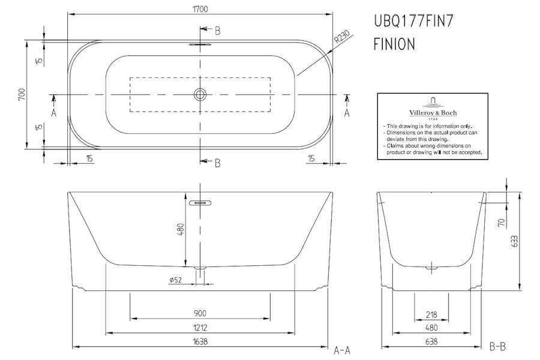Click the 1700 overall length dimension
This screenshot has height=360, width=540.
click(x=200, y=9)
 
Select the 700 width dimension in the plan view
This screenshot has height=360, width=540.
click(x=22, y=95)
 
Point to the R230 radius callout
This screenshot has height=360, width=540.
click(x=342, y=37)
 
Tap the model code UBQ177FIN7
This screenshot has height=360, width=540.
click(x=413, y=21)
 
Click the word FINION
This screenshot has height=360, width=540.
click(x=394, y=44)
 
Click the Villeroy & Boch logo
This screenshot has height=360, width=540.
click(x=433, y=108)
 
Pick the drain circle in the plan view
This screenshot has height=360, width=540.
click(x=200, y=94)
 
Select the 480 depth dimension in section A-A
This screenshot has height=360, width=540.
click(x=181, y=229)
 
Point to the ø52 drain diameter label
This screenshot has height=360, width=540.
click(x=176, y=280)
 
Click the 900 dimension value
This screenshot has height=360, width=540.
click(x=200, y=313)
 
